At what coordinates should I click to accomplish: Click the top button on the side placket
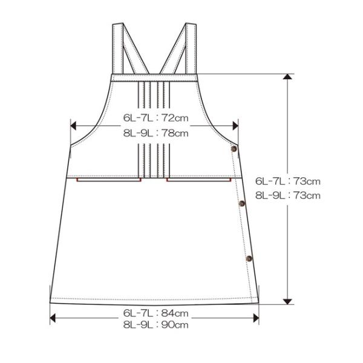tap(234, 149)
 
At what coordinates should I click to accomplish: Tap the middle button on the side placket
tap(241, 203)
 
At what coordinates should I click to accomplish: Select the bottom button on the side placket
tap(249, 258)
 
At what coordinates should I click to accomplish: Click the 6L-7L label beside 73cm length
tap(270, 181)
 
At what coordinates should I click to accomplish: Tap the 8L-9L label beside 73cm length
tap(270, 195)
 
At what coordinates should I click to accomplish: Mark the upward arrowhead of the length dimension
tap(287, 77)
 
